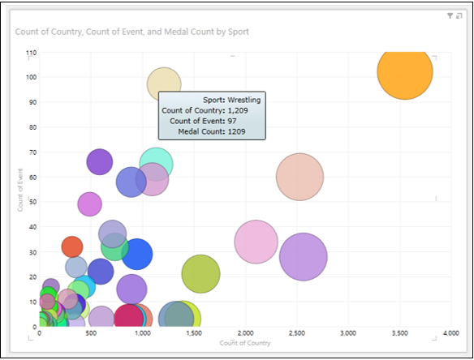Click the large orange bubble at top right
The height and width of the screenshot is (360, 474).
(404, 71)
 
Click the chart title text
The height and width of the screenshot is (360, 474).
(131, 32)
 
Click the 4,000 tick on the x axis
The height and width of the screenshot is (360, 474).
(451, 333)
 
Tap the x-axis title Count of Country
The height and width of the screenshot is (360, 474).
(245, 343)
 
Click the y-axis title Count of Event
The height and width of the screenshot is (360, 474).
(20, 190)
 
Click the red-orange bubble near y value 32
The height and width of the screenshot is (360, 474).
(72, 246)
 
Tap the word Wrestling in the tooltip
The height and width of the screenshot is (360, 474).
(243, 100)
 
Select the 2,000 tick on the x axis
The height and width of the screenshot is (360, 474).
(245, 333)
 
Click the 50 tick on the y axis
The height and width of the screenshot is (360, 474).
(33, 202)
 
